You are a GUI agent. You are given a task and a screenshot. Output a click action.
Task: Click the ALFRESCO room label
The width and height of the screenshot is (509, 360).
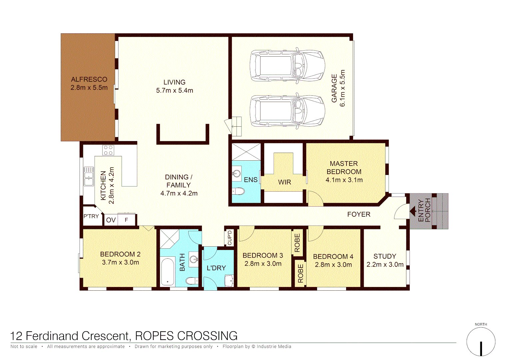89,79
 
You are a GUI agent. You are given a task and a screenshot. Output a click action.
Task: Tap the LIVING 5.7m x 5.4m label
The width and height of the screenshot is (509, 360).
175,86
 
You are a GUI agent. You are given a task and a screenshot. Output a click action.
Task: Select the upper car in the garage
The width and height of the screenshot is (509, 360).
287,66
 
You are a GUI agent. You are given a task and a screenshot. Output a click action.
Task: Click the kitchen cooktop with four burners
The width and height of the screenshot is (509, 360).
108,150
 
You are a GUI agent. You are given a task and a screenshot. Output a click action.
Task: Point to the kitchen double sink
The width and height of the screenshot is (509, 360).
89,176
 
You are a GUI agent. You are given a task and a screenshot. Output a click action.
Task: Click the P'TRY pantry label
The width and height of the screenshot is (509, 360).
91,216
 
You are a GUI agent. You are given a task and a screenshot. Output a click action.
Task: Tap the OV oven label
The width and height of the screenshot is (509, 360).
111,220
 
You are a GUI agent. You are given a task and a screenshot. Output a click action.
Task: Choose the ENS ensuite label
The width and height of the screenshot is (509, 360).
251,180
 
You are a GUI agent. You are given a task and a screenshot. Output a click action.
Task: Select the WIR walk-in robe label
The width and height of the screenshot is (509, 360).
284,182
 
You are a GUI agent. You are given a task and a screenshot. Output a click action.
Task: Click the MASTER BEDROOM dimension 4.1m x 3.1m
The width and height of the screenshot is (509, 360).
344,180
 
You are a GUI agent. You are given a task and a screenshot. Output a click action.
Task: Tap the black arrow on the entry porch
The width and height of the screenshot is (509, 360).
413,211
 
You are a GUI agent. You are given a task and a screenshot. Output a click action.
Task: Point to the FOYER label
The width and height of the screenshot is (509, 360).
359,214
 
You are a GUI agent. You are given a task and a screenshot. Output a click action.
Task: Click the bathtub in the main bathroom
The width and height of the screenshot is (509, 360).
168,272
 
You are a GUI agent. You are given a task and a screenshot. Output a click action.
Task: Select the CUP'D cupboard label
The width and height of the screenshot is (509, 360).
230,238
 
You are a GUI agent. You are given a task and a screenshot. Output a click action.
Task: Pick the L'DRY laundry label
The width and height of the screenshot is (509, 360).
216,268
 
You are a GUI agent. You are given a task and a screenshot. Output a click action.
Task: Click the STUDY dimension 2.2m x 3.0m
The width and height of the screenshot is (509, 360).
385,265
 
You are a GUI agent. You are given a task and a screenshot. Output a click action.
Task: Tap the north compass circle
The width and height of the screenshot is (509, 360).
481,342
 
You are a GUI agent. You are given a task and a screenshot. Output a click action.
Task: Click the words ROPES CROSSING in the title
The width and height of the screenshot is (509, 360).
186,336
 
